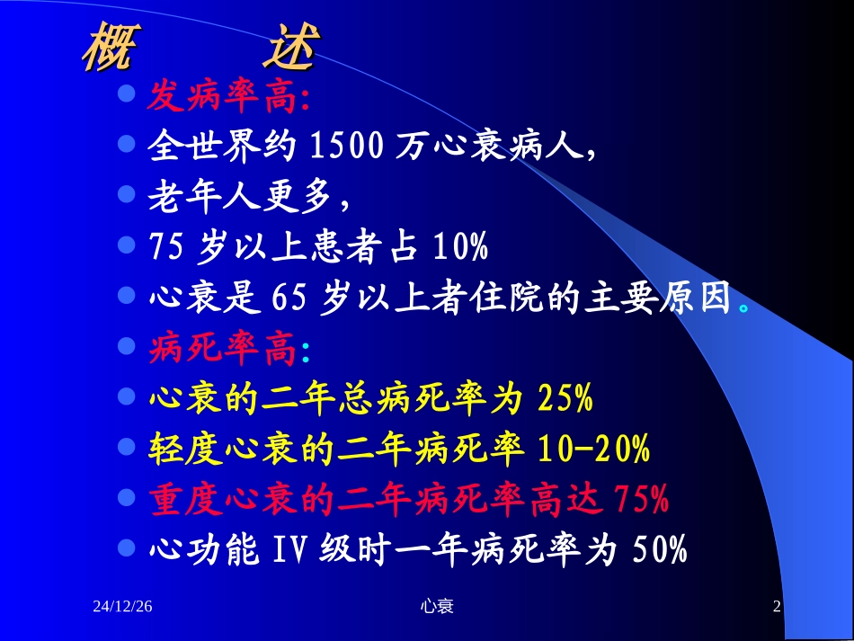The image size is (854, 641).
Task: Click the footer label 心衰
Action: point(437,608)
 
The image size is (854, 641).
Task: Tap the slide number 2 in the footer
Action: point(778,608)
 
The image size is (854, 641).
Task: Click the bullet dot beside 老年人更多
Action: point(128,193)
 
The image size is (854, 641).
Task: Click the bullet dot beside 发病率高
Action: point(128,93)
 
